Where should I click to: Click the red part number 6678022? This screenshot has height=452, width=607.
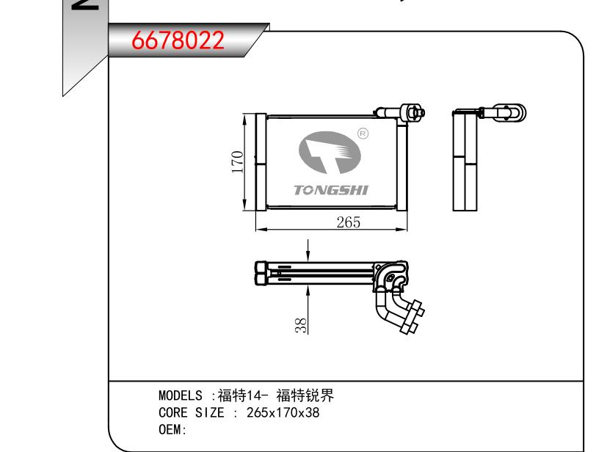178,40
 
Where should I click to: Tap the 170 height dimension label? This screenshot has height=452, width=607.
237,162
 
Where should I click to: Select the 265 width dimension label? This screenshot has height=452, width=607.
349,222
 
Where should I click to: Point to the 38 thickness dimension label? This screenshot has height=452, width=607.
301,326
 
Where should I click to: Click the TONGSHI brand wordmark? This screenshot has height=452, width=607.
331,190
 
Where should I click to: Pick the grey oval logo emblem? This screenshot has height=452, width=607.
330,153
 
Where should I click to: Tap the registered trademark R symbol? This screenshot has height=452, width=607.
363,134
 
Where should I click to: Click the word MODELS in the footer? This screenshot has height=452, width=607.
181,395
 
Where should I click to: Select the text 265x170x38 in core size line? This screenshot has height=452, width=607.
283,412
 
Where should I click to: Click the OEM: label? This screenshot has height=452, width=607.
172,429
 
